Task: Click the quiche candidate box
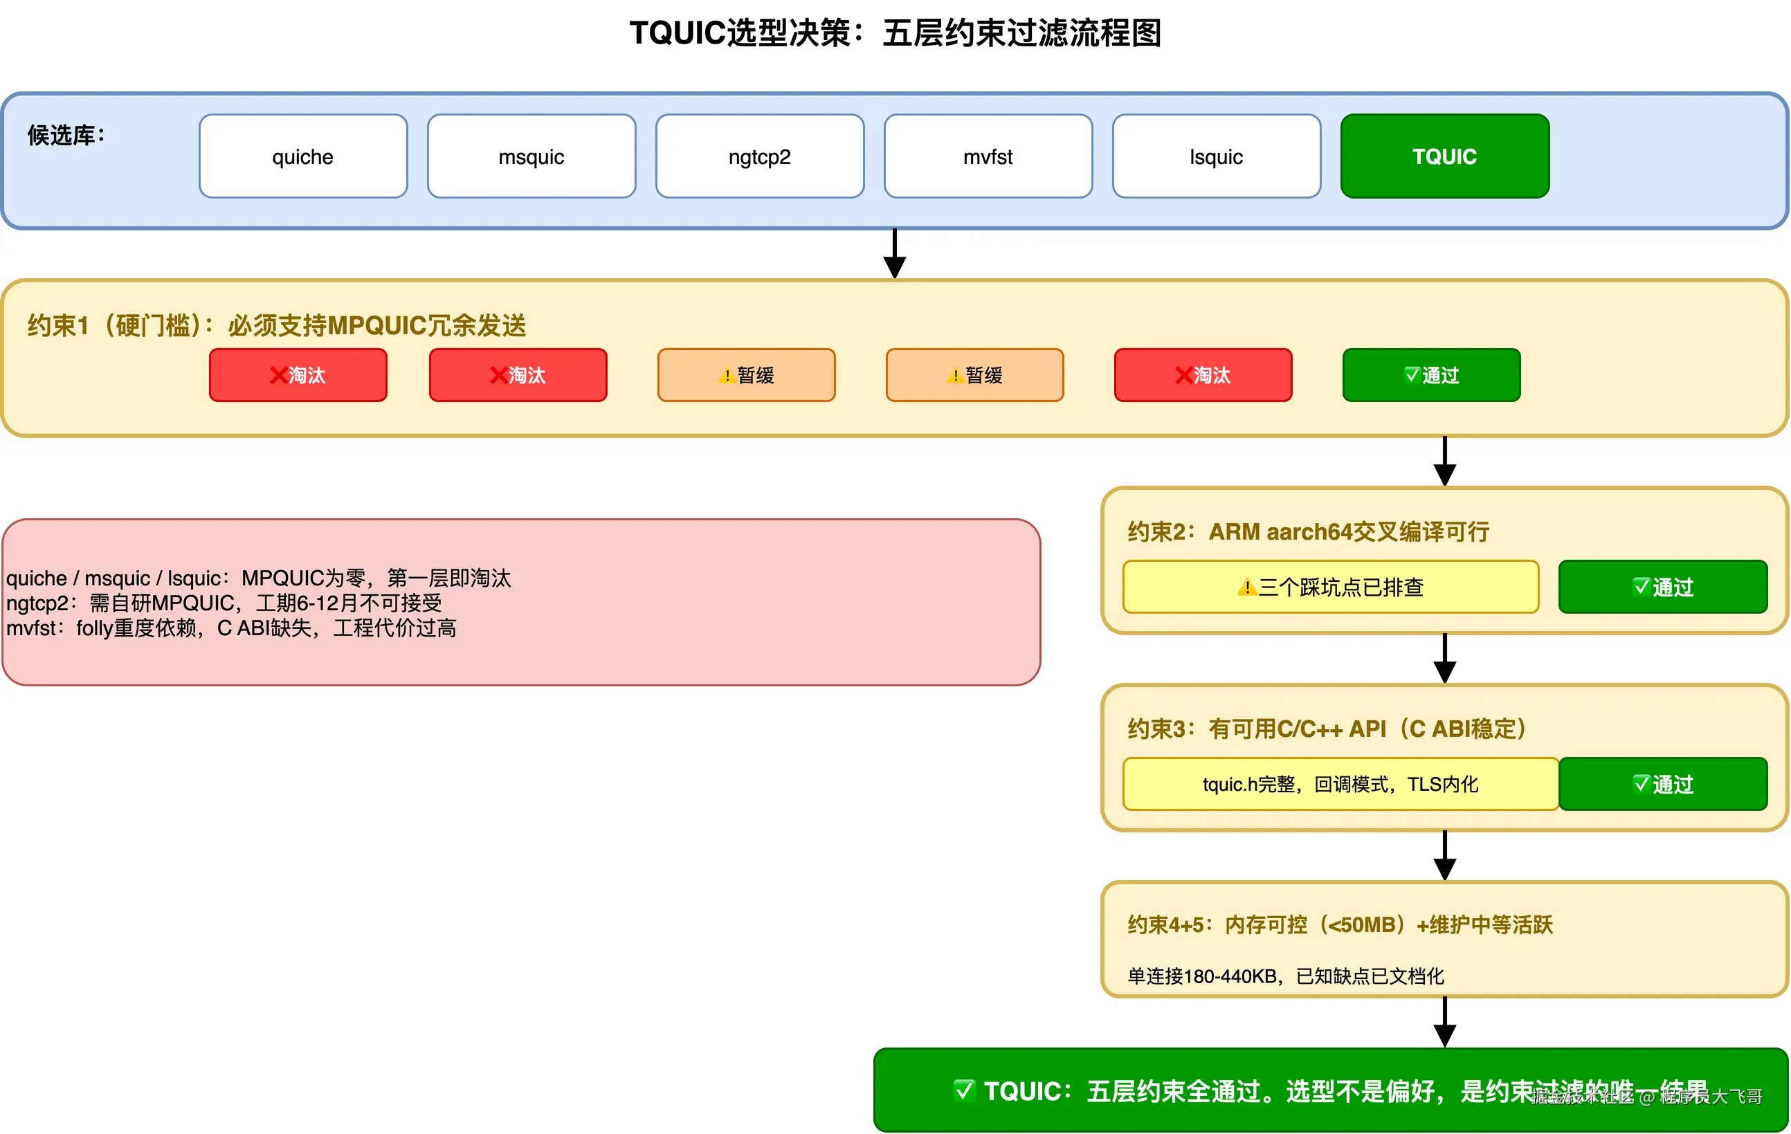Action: coord(302,156)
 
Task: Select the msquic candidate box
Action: coord(531,156)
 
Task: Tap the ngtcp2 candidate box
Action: coord(759,156)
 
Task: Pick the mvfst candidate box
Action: coord(988,156)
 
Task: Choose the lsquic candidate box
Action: coord(1216,156)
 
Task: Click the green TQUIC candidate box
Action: coord(1444,156)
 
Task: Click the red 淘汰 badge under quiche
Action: coord(298,375)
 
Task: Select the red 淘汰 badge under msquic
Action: coord(518,375)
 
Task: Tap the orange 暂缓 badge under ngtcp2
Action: coord(746,375)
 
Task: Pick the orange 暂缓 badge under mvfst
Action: coord(974,375)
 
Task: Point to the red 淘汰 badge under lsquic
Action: coord(1203,375)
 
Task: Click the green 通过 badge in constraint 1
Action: coord(1431,375)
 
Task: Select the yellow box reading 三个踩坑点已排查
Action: coord(1330,587)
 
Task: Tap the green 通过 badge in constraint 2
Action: coord(1662,587)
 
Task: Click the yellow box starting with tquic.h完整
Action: coord(1340,784)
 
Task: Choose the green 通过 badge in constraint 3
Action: coord(1662,784)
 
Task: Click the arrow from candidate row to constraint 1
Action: coord(894,253)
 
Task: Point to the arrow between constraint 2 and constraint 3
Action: coord(1444,658)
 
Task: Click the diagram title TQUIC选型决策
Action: coord(895,33)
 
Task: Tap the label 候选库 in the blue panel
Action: coord(66,136)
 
